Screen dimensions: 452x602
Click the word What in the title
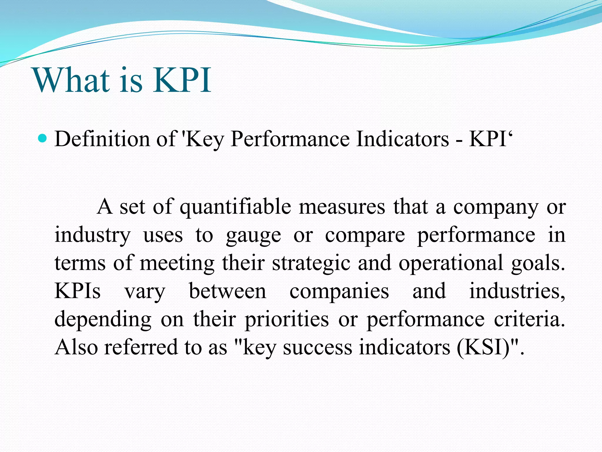click(72, 80)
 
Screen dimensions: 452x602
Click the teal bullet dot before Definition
click(43, 138)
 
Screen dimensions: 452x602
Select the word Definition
click(102, 139)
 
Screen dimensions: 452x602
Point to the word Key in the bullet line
click(204, 139)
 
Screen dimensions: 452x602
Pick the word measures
click(342, 207)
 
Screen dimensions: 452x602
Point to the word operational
click(451, 263)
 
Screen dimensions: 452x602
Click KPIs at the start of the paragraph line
click(78, 291)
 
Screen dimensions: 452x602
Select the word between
click(228, 291)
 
